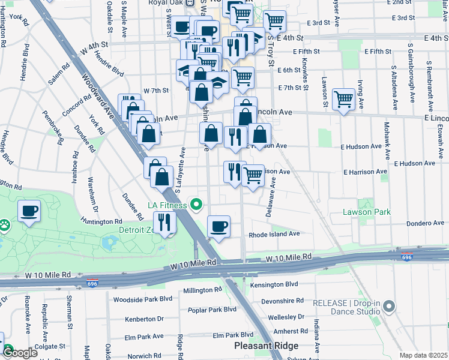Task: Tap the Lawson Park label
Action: pos(366,212)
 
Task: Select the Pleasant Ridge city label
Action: pos(266,346)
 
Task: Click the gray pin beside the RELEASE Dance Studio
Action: pos(388,307)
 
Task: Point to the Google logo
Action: pos(20,352)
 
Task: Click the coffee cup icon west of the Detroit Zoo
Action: pos(29,211)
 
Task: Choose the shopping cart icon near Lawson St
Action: pos(344,98)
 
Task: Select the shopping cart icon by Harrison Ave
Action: pos(253,175)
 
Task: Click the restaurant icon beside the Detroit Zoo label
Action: pos(163,223)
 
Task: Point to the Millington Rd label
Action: pos(202,290)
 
